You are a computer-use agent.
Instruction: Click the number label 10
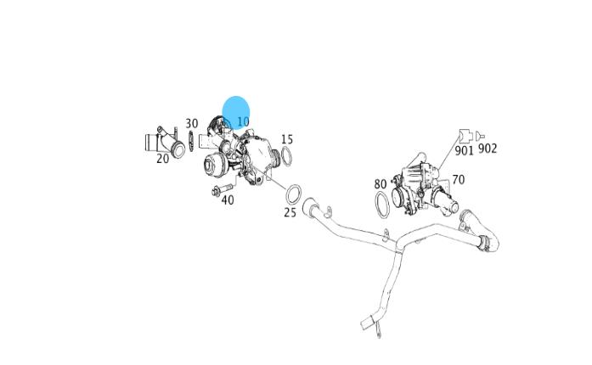[243, 121]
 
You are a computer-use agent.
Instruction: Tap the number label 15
[287, 139]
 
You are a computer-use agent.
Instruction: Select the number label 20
[163, 159]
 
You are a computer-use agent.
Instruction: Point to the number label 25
[290, 212]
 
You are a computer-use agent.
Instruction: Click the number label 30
[192, 123]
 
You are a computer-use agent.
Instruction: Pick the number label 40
[228, 199]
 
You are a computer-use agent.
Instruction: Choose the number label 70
[458, 180]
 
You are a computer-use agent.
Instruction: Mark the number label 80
[381, 184]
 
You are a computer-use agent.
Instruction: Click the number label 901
[464, 150]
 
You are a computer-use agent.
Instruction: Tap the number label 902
[488, 149]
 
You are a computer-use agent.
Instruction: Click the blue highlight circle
[236, 113]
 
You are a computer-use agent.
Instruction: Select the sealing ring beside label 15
[286, 156]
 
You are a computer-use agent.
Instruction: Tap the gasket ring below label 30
[191, 141]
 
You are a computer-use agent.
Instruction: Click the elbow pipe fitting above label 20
[165, 142]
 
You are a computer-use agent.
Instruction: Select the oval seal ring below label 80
[382, 205]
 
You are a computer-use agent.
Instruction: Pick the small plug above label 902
[480, 135]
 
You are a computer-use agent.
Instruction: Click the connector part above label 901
[465, 136]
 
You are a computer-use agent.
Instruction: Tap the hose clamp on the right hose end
[483, 242]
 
